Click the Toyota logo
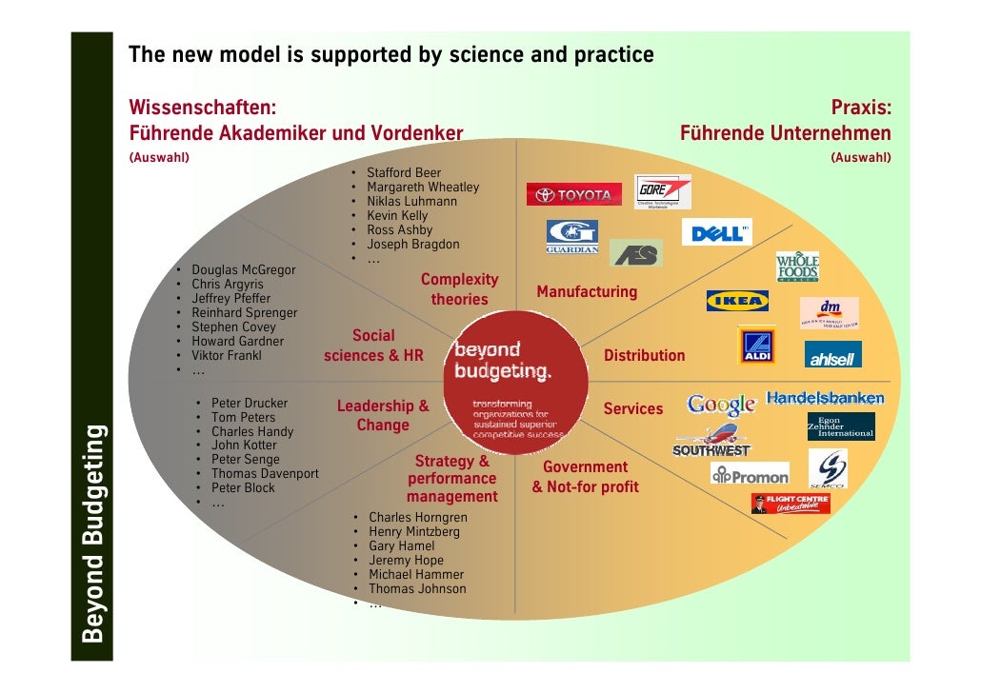click(x=573, y=195)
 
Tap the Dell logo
click(x=716, y=232)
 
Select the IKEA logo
click(x=737, y=301)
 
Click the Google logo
click(x=722, y=405)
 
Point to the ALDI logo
click(x=757, y=346)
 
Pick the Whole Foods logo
click(x=797, y=267)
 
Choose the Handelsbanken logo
click(x=825, y=398)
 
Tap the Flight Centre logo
click(x=791, y=503)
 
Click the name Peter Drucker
click(x=250, y=404)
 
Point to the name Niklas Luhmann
click(x=411, y=202)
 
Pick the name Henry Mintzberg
click(x=414, y=532)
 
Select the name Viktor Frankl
click(x=227, y=356)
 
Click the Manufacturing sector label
click(x=587, y=292)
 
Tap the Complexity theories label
click(x=459, y=289)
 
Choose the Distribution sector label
click(x=645, y=356)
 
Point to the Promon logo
click(x=751, y=474)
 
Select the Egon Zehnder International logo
click(x=840, y=426)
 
